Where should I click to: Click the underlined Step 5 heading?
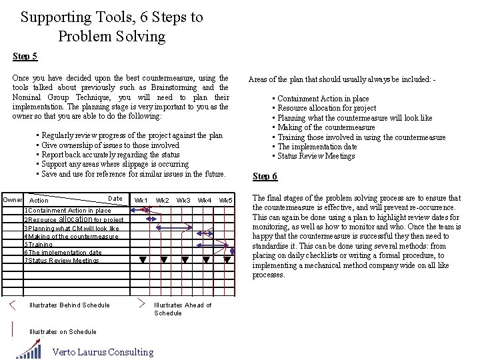pos(25,57)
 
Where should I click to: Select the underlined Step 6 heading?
pos(265,177)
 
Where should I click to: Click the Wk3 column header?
pos(183,200)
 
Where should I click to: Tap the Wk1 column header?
pos(141,200)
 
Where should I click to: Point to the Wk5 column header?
pos(225,200)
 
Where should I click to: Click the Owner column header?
pos(13,200)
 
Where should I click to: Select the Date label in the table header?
pos(115,199)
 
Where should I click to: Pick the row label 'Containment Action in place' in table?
pos(69,211)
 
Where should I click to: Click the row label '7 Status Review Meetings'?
pos(62,261)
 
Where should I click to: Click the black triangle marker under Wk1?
pos(143,260)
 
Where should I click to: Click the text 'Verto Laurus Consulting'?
pos(103,352)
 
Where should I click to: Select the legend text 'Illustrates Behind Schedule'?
pos(69,305)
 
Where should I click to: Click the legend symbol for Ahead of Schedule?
pos(141,304)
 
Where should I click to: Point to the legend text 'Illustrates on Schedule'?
pos(63,332)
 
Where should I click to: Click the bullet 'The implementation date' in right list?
pos(317,147)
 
